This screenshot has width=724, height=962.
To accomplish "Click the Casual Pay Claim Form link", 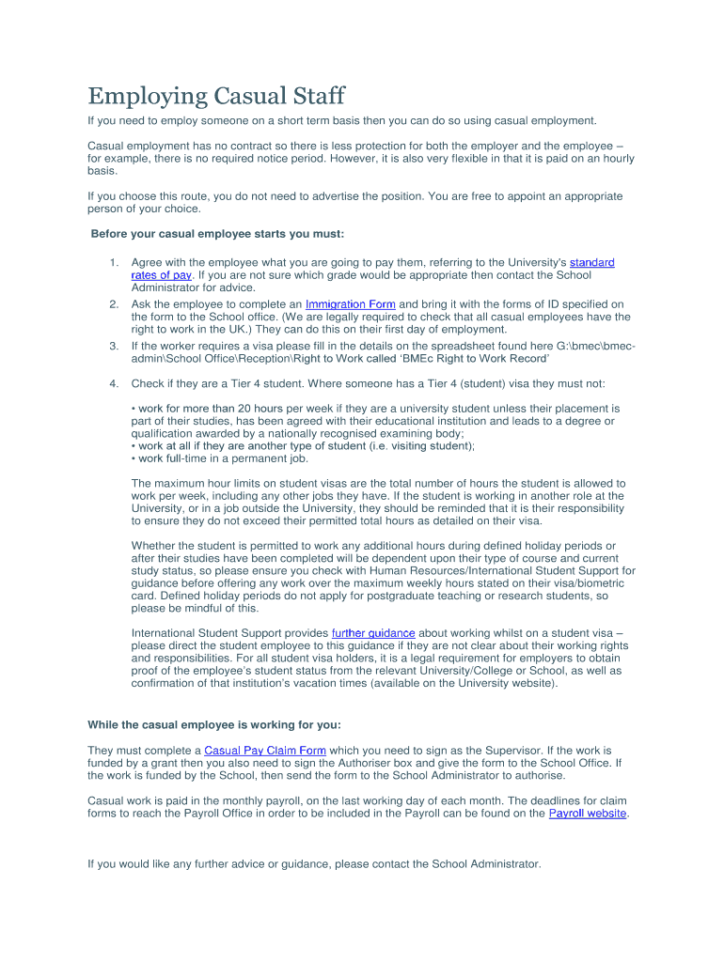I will (265, 751).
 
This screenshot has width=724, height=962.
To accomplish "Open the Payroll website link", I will (588, 813).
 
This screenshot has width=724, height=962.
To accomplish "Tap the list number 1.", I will (113, 262).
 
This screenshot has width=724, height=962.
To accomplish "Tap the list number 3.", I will (113, 346).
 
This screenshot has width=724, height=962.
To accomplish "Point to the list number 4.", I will (113, 383).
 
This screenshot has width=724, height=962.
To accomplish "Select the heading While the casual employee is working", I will (214, 724).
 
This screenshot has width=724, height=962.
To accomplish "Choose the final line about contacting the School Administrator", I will (314, 863).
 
